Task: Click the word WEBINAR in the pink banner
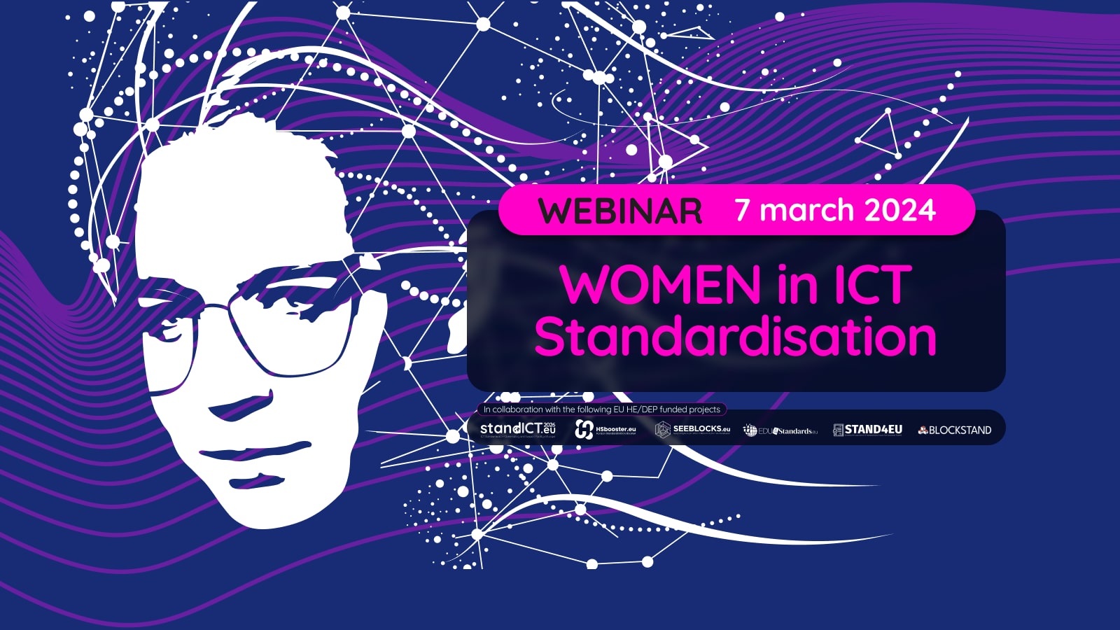(x=620, y=211)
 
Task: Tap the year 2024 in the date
(x=900, y=210)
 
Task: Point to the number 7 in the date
(x=743, y=210)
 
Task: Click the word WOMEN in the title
(x=660, y=285)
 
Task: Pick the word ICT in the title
(x=872, y=285)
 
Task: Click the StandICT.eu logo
(x=518, y=429)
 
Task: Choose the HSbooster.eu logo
(x=605, y=429)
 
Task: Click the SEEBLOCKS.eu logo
(x=693, y=429)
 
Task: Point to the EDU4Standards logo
(x=780, y=430)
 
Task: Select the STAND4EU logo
(x=867, y=429)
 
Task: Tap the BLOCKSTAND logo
(x=955, y=430)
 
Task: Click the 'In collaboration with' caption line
(x=602, y=409)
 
